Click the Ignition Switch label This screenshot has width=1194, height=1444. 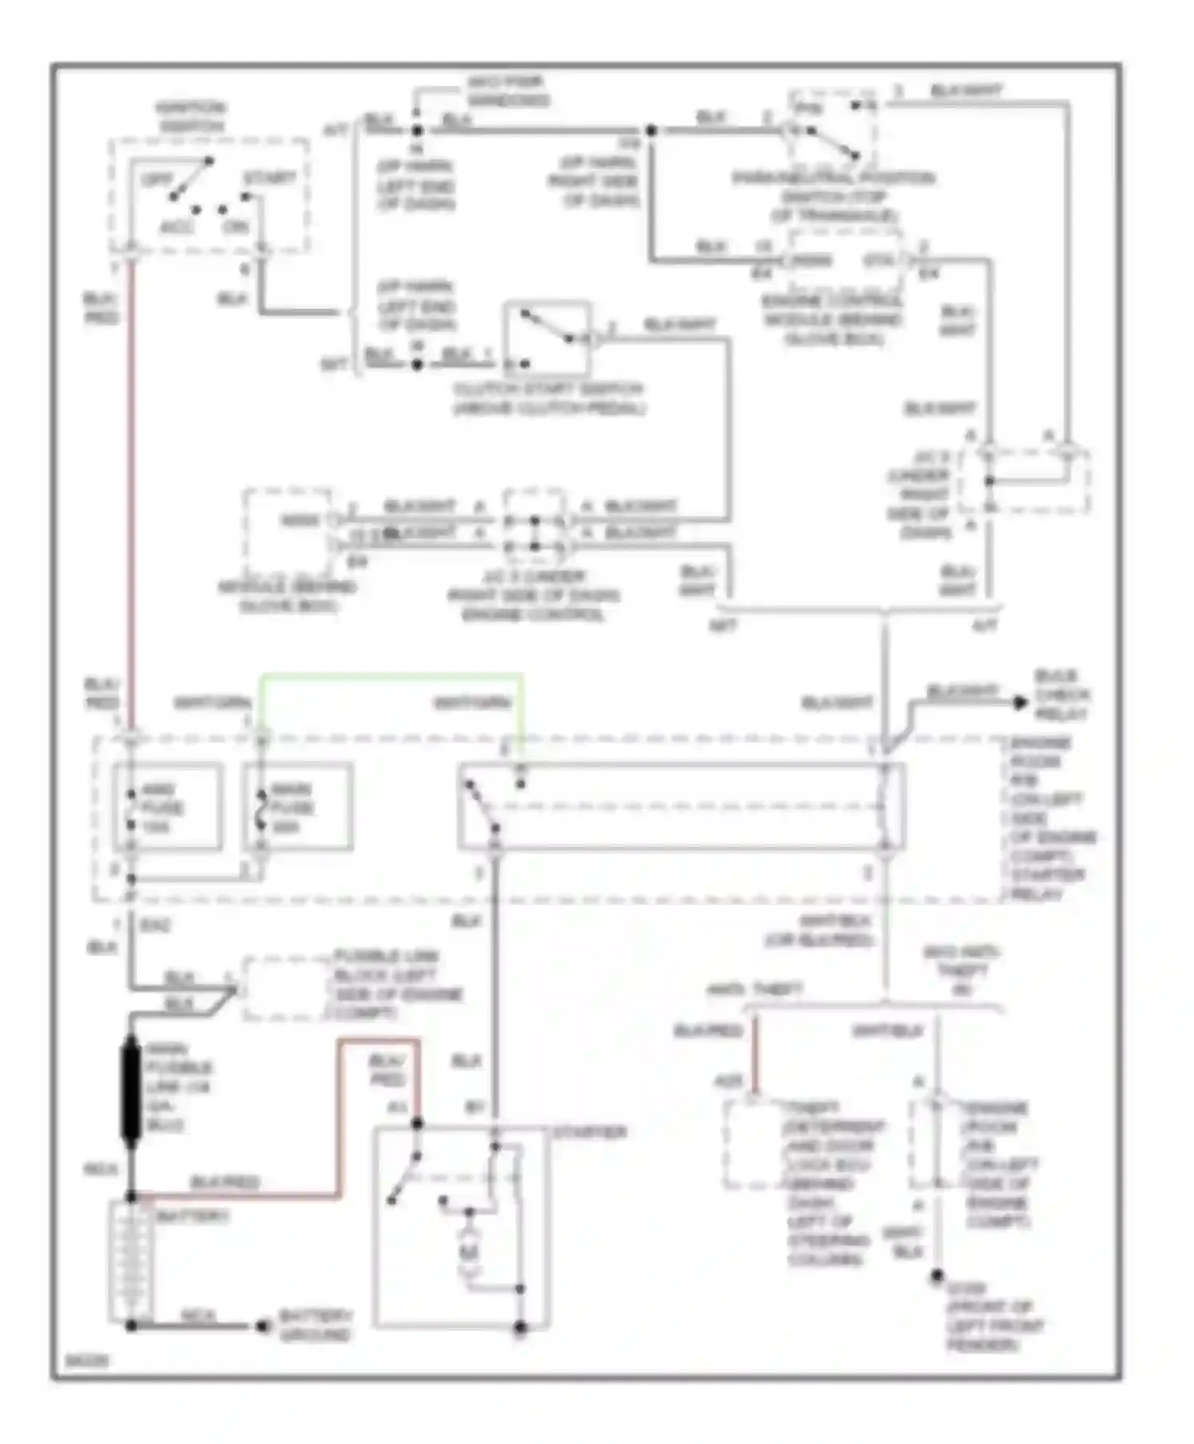point(191,117)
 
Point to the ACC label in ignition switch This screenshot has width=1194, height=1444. point(177,228)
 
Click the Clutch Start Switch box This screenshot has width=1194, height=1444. point(547,338)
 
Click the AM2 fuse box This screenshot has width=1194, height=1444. point(167,807)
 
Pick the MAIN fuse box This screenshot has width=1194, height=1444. point(298,807)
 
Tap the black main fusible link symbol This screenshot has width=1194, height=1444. point(130,1091)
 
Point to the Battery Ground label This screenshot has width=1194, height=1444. point(315,1325)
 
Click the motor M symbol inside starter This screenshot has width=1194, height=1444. point(469,1253)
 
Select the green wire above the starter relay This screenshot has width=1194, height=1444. point(390,677)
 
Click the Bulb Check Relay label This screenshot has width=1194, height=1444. point(1061,695)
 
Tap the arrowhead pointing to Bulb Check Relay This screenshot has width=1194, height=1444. point(1020,702)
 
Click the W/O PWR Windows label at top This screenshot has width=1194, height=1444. point(507,91)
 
